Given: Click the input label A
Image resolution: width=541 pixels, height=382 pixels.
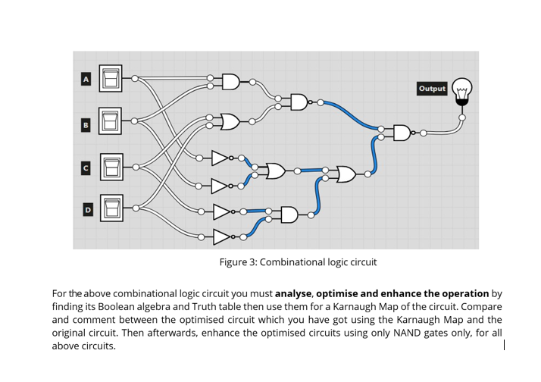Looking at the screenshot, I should coord(86,78).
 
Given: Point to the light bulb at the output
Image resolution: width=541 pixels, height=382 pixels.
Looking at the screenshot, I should coord(461,91).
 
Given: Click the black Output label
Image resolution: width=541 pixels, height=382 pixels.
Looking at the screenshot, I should coord(432,89).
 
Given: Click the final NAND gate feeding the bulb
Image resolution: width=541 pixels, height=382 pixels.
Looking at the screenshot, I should coord(402,133).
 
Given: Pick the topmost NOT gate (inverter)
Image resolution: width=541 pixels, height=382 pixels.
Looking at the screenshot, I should coord(220,158).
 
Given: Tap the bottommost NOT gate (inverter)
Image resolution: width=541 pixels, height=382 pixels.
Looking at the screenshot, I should coord(220,236).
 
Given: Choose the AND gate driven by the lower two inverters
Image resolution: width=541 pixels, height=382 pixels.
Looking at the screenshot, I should coord(289,214).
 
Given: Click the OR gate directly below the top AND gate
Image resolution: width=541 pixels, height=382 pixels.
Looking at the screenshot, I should coord(230,121).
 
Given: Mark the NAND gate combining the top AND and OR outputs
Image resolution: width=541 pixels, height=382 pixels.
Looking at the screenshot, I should coord(299,102).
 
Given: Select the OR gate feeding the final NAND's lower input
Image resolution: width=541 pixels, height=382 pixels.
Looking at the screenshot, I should coord(346,174).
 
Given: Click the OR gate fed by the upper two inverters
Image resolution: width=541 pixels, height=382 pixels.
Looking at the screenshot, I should coord(274,171).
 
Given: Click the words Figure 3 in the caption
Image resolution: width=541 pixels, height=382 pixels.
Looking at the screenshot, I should coord(237,262).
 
